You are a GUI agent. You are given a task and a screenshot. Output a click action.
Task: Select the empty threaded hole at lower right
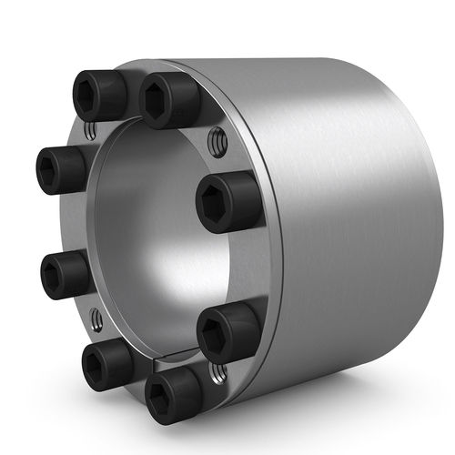(218, 370)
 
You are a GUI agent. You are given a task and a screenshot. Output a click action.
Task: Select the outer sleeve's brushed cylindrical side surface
(346, 227)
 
